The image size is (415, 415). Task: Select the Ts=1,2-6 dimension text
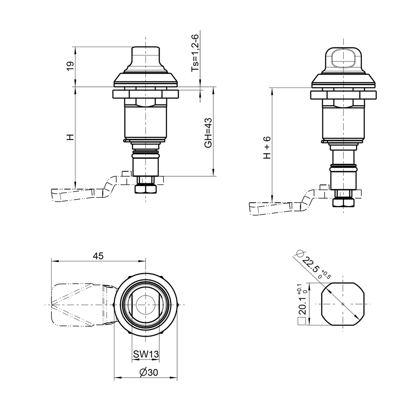point(195,53)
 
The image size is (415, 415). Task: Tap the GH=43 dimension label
point(208,133)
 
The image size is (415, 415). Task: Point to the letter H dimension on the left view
point(70,137)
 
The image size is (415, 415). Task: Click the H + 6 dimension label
point(267,148)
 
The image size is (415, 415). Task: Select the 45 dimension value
point(98,256)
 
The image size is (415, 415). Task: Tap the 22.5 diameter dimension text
point(312,266)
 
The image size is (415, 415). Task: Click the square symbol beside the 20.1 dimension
point(301,322)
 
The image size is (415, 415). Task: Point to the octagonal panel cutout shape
point(343,304)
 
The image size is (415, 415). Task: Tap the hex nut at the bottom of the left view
point(145,189)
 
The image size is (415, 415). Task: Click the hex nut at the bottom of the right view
point(343,202)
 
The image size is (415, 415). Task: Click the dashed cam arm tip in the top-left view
point(61,195)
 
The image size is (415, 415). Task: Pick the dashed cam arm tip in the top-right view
point(259,208)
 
